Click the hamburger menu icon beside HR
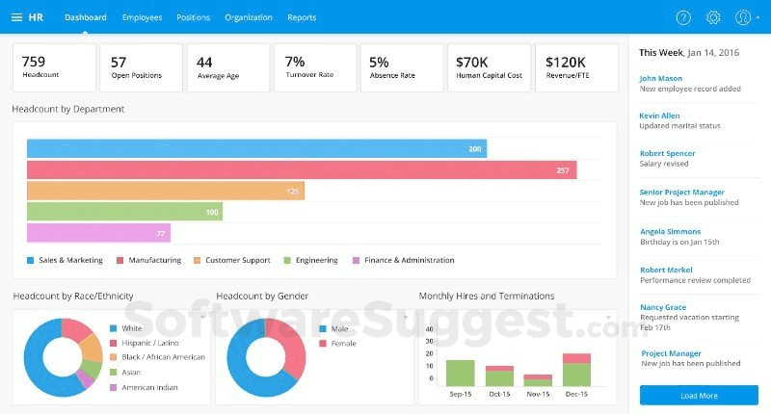pos(17,17)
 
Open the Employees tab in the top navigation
pos(142,17)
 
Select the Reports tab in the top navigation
pos(302,17)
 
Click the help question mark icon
pos(683,17)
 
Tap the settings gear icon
pos(713,17)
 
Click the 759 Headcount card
pos(54,67)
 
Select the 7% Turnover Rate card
pos(316,67)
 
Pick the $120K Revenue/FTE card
pos(574,67)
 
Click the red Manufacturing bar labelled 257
pos(302,170)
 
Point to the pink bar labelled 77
pos(98,233)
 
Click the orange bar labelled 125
pos(165,191)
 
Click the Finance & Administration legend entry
pos(409,260)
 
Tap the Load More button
pos(699,396)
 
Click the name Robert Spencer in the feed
pos(667,153)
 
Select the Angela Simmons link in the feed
pos(670,231)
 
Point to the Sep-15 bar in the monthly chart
pos(460,373)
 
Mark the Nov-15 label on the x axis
pos(538,395)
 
